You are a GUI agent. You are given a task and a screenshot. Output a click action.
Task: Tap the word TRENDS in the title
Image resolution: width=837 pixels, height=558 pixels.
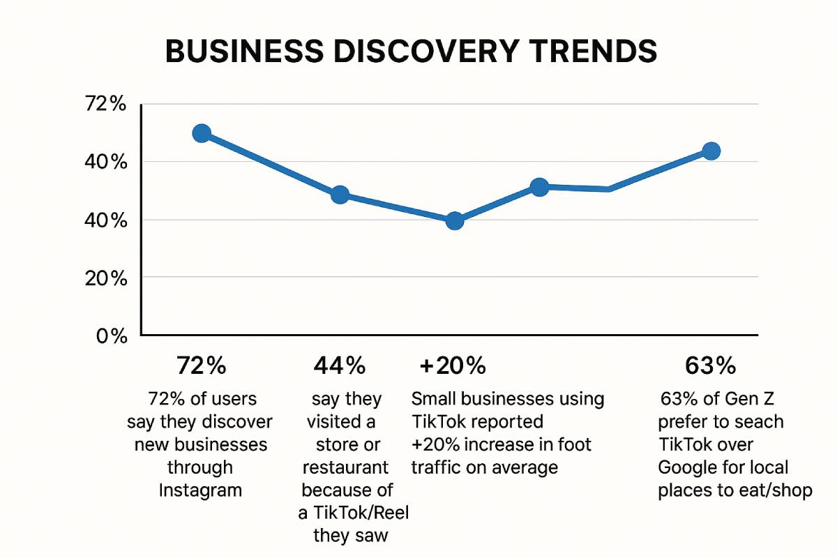point(594,53)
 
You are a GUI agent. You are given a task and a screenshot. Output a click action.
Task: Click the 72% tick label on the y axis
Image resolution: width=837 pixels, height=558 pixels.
point(105,105)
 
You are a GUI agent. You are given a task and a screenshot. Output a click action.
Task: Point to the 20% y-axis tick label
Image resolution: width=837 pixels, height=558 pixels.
point(105,278)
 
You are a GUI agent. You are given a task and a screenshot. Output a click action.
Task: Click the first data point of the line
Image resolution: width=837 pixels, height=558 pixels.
point(202,133)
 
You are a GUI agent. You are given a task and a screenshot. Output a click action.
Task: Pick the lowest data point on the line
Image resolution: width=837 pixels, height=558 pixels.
point(454,220)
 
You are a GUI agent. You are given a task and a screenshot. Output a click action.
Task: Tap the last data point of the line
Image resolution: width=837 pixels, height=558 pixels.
point(711,151)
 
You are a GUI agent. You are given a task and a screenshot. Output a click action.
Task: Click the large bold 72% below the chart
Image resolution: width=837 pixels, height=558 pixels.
point(201,365)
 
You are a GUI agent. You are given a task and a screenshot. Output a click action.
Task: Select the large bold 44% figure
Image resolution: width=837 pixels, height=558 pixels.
point(339,365)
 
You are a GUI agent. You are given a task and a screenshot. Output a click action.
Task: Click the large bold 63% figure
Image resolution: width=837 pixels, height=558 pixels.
point(711,365)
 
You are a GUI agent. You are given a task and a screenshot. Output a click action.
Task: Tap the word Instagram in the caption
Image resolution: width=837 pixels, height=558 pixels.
point(200,490)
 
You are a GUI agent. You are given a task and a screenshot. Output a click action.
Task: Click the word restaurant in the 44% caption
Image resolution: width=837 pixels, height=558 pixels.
point(345,467)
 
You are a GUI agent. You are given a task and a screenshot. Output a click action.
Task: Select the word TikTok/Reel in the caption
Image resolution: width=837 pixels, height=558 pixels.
point(354,513)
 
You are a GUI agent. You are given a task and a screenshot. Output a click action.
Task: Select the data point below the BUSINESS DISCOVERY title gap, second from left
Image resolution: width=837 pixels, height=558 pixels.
point(340,195)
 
